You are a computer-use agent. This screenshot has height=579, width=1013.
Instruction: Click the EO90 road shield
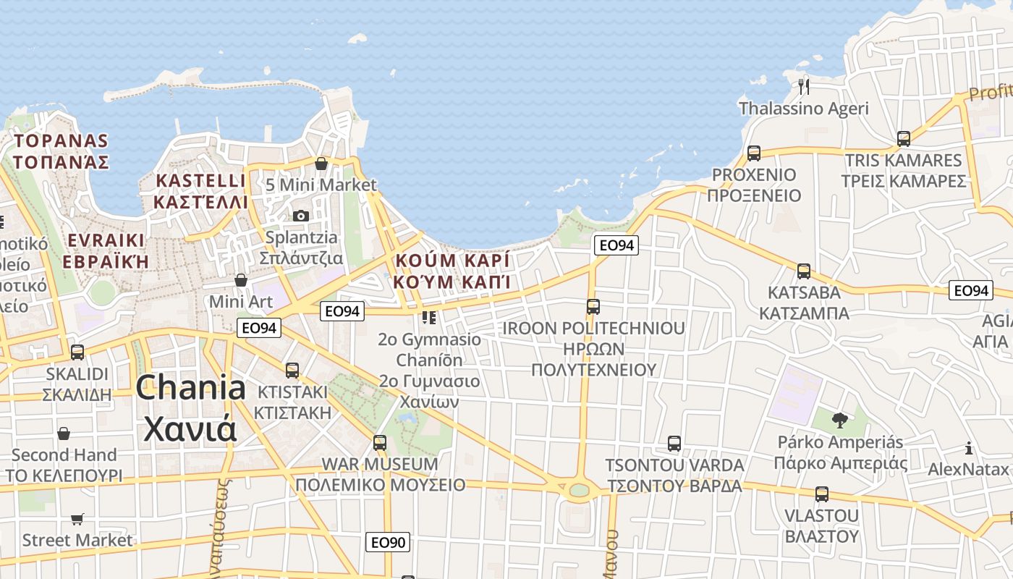point(388,542)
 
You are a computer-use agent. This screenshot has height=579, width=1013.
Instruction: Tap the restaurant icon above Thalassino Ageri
point(804,87)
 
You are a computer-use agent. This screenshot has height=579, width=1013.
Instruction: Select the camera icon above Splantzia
point(300,216)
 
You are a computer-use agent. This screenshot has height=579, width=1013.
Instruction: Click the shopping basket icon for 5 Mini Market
point(321,164)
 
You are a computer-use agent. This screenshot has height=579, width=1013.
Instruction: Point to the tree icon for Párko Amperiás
point(839,420)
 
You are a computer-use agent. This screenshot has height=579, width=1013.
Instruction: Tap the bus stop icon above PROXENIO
point(754,153)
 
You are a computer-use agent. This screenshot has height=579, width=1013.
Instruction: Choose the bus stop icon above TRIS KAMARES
point(903,139)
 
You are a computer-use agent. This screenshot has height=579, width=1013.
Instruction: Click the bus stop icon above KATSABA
point(803,271)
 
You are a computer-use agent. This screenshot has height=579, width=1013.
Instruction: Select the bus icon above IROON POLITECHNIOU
point(593,307)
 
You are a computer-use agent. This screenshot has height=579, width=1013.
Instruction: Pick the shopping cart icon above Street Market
point(77,519)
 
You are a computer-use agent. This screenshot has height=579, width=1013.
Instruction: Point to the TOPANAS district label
point(61,141)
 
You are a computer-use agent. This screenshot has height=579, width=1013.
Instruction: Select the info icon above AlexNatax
point(969,448)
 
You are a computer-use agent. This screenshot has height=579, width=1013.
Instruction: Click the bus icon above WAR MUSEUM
point(380,442)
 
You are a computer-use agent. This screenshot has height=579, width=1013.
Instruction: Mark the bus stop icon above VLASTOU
point(821,494)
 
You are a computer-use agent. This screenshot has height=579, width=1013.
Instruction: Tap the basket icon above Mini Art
point(241,280)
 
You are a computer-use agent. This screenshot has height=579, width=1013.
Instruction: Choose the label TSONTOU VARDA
point(674,465)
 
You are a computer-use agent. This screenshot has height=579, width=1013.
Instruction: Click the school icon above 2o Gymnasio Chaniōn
point(429,317)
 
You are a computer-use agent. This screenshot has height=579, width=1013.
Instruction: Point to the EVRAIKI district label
point(106,241)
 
